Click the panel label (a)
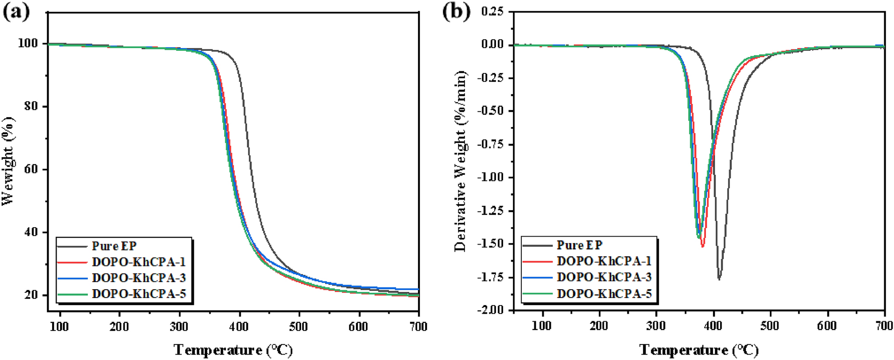[x=16, y=12]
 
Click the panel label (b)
[x=456, y=12]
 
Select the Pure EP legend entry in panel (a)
[x=114, y=246]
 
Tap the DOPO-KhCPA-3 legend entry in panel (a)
[x=139, y=278]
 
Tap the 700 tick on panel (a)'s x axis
[x=418, y=327]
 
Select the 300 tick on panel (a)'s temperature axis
[x=179, y=327]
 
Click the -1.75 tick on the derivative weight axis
[x=491, y=277]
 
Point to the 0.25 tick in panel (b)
[x=493, y=12]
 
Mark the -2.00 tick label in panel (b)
[x=491, y=310]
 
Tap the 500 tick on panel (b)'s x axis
[x=770, y=326]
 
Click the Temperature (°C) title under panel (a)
[x=233, y=350]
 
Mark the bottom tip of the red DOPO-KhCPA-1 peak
[x=703, y=246]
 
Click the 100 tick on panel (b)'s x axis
[x=542, y=326]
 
